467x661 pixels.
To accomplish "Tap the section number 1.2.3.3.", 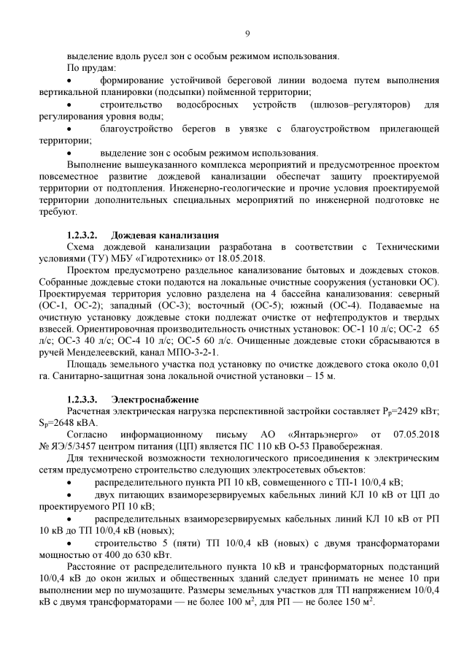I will click(x=82, y=400).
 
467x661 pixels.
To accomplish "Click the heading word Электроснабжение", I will click(x=155, y=400).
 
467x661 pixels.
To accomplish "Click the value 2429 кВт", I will click(x=416, y=411).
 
